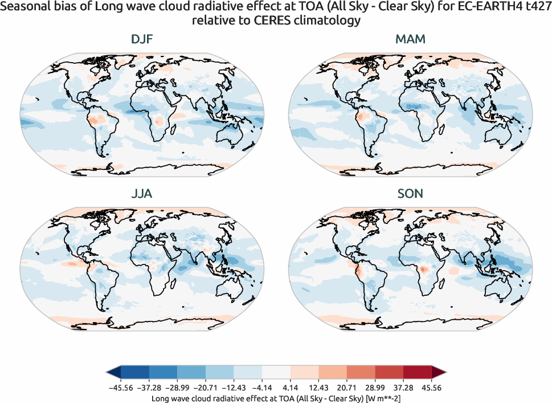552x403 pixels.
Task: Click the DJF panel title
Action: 142,39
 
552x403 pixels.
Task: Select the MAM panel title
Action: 410,39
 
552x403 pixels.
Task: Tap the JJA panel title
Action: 142,194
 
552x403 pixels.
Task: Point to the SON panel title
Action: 410,194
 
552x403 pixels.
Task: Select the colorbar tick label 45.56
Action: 431,388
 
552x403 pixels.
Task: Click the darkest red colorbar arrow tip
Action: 440,373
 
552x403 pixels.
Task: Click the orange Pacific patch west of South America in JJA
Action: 72,264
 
